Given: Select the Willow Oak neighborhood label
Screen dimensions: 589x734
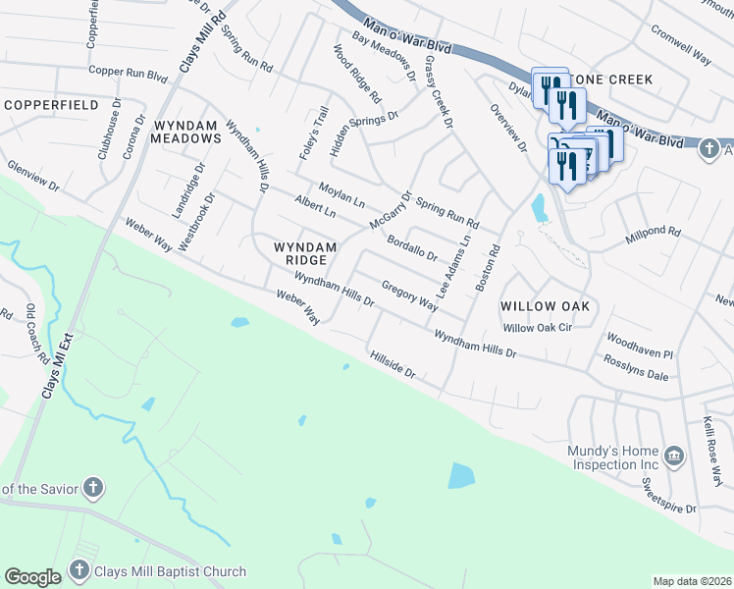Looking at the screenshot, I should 545,306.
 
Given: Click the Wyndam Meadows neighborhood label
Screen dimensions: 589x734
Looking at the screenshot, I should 186,132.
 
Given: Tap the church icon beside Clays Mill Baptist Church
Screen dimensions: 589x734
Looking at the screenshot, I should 79,571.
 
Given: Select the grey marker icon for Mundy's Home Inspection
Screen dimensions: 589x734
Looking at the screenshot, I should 674,455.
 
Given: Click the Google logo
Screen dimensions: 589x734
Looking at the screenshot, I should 32,577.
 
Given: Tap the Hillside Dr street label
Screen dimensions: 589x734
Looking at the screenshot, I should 393,364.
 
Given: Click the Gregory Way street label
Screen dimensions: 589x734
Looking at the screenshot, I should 409,297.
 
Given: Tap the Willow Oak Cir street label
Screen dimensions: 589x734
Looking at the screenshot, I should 537,328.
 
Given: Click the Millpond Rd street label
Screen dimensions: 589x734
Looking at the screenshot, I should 654,234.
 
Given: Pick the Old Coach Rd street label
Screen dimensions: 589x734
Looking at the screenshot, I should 36,333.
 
